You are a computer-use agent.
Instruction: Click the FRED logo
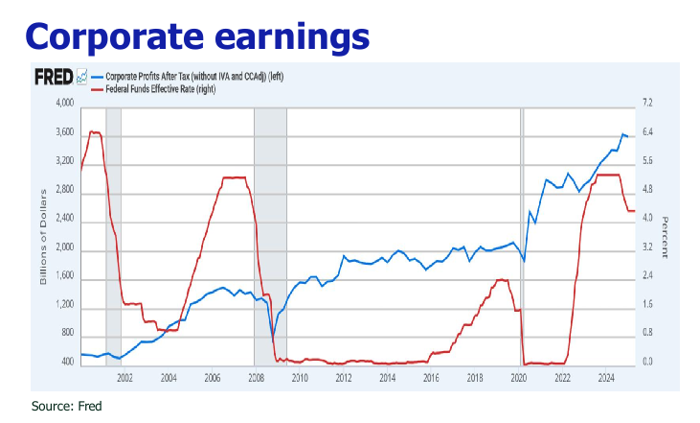tap(54, 77)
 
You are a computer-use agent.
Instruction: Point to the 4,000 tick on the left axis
tap(63, 104)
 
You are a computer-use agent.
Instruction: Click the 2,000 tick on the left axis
tap(63, 251)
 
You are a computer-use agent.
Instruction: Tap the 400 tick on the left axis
tap(67, 363)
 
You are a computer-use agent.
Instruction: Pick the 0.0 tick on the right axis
tap(647, 363)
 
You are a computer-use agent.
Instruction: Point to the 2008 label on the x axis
tap(256, 378)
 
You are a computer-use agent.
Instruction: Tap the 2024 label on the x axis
tap(605, 378)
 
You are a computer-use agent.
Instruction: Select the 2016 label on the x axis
tap(431, 378)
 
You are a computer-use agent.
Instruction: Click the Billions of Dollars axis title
tap(43, 233)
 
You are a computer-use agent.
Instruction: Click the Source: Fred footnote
tap(66, 406)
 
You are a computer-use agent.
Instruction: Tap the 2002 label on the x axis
tap(124, 378)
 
